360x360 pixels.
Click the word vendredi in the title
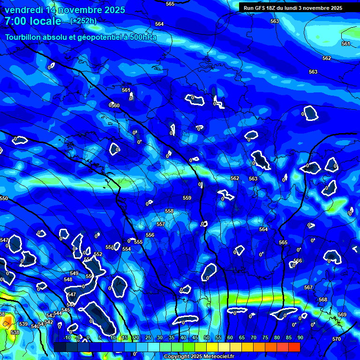coord(25,10)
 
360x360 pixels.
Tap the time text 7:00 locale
coord(33,21)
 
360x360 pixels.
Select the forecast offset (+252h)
coord(83,21)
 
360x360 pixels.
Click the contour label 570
coord(337,339)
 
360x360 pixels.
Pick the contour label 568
coord(323,300)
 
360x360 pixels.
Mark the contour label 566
coord(298,261)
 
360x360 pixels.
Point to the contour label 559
coord(187,198)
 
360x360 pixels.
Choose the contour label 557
coord(160,225)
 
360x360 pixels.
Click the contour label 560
coord(115,105)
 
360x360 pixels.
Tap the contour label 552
coord(98,254)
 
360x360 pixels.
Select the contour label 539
coord(23,324)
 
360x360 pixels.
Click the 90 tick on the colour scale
coord(300,337)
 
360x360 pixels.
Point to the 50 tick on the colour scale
coord(207,337)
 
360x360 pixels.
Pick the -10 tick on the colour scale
coord(67,337)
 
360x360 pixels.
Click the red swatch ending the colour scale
coord(294,347)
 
